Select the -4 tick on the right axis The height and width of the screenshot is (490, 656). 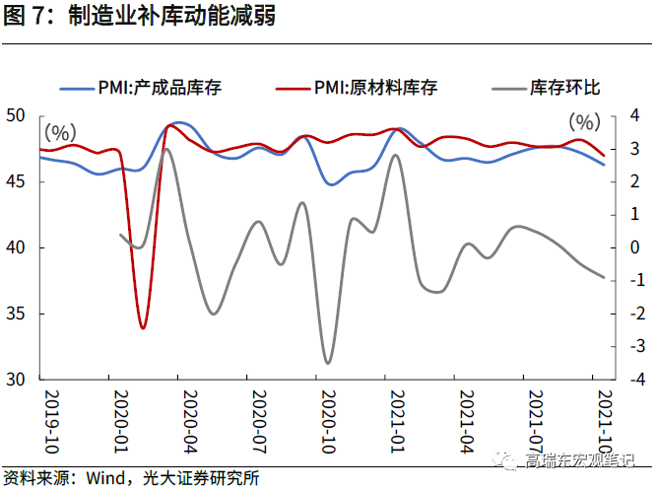[x=638, y=379]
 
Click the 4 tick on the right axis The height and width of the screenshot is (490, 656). [x=636, y=115]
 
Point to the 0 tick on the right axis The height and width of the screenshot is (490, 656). [x=636, y=247]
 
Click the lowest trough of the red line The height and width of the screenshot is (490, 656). [x=143, y=327]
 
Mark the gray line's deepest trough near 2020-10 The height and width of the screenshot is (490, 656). [x=328, y=363]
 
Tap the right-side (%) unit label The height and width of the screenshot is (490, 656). [x=583, y=122]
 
